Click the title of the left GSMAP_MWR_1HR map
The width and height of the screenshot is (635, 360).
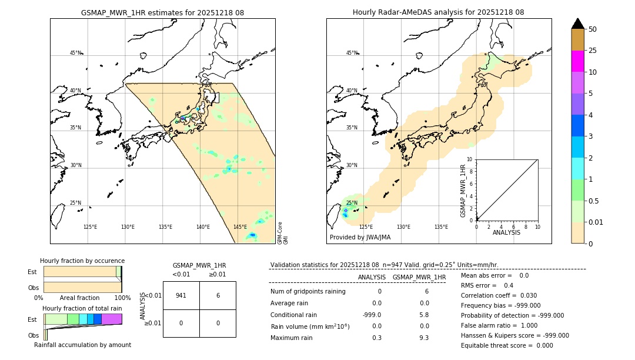tap(162, 12)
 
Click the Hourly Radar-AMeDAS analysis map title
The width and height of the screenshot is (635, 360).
tap(438, 12)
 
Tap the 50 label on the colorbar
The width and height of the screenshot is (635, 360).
tap(593, 29)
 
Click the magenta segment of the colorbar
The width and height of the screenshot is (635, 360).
tap(577, 61)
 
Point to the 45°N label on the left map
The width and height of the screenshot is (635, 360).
tap(75, 53)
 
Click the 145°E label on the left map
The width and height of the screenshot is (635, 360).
tap(240, 227)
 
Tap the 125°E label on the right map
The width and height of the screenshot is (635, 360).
tap(366, 227)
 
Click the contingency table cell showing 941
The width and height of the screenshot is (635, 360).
tap(181, 295)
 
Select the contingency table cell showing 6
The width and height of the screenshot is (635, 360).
tap(218, 295)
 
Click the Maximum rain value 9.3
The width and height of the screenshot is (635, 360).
tap(423, 338)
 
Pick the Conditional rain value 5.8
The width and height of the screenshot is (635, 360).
tap(423, 314)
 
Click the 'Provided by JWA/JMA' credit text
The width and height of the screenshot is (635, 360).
tap(360, 238)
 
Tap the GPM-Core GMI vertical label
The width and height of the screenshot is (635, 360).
tap(282, 232)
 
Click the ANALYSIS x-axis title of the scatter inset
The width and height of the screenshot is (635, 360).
tap(507, 232)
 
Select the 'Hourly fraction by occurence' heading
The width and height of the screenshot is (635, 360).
tap(82, 261)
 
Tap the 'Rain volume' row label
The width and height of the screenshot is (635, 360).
tap(310, 326)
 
